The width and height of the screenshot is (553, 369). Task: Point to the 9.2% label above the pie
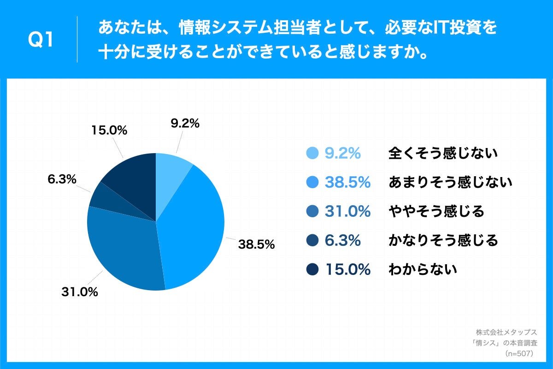pyautogui.click(x=184, y=123)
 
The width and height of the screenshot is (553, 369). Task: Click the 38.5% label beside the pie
pyautogui.click(x=256, y=244)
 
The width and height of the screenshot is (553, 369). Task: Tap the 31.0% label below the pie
pyautogui.click(x=79, y=292)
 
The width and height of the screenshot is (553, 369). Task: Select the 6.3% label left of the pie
pyautogui.click(x=62, y=179)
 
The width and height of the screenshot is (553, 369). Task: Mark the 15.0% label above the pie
pyautogui.click(x=109, y=131)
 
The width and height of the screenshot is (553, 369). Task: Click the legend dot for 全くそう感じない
pyautogui.click(x=312, y=153)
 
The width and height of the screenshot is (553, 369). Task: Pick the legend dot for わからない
pyautogui.click(x=312, y=269)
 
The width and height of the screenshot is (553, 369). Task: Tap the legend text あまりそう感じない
pyautogui.click(x=450, y=182)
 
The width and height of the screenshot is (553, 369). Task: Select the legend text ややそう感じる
pyautogui.click(x=436, y=211)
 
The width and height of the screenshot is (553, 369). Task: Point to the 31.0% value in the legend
pyautogui.click(x=348, y=211)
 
